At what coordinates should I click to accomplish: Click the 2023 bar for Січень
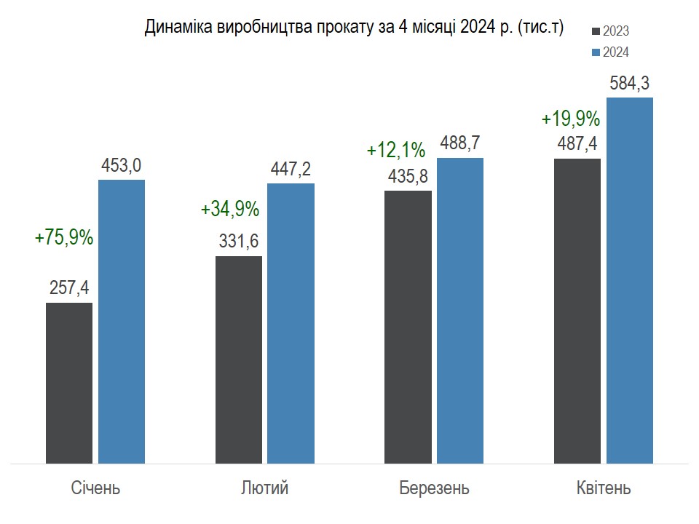point(69,383)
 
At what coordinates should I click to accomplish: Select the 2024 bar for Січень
point(122,321)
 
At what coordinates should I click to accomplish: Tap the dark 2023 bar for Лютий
point(239,360)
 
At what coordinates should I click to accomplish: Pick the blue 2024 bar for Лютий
point(291,323)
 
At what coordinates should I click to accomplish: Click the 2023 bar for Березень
point(408,327)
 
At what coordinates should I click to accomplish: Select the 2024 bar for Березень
point(460,310)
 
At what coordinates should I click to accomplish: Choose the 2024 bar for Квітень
point(630,280)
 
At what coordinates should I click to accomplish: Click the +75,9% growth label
point(64,237)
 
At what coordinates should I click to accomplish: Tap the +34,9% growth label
point(230,210)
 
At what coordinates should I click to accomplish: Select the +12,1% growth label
point(396,151)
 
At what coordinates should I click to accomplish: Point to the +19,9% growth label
point(571,119)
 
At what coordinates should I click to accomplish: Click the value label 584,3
point(629,83)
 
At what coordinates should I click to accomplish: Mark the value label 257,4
point(70,288)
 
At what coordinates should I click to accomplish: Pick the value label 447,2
point(291,170)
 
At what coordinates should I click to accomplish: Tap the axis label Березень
point(435,488)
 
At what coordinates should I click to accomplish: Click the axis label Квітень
point(604,488)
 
